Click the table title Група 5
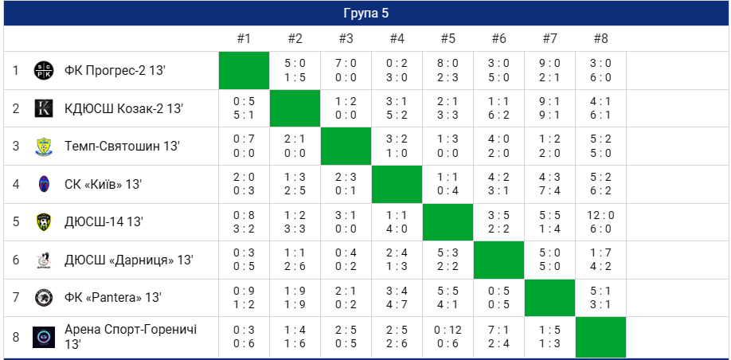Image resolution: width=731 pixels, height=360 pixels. [x=365, y=14]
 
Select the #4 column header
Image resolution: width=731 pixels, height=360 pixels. [x=397, y=38]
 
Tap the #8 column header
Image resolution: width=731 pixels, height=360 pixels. [x=600, y=38]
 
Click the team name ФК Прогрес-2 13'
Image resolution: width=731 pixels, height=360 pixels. [x=115, y=71]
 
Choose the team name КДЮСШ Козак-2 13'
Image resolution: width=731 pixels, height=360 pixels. [x=123, y=108]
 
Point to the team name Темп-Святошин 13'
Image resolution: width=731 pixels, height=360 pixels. [x=122, y=146]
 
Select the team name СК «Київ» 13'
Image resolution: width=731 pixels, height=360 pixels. [x=103, y=184]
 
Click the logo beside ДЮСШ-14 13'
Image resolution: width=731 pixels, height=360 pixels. [x=44, y=222]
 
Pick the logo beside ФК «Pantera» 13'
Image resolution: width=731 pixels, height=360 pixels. [x=44, y=297]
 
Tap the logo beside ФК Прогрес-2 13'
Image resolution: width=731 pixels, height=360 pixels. [x=44, y=71]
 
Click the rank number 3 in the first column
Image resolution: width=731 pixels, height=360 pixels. [x=15, y=146]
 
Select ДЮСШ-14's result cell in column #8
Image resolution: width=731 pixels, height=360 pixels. [x=600, y=221]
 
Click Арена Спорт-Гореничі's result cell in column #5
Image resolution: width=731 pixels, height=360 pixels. [x=448, y=337]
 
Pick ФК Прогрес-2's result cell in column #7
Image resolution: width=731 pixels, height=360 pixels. [x=549, y=71]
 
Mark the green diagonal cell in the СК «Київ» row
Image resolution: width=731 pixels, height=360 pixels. [x=397, y=184]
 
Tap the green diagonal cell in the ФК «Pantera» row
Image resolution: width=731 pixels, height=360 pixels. [x=549, y=297]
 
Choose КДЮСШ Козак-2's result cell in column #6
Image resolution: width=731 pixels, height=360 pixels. [x=498, y=108]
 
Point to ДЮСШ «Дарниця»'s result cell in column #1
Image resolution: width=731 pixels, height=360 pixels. [x=244, y=260]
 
